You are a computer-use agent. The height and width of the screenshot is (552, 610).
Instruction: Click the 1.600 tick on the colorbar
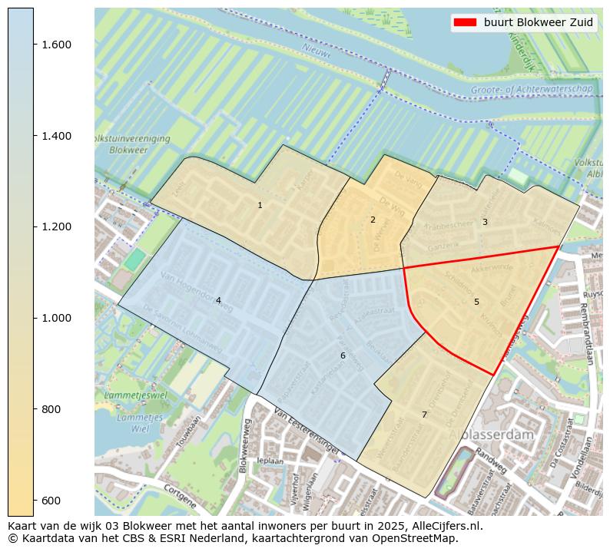coord(56,45)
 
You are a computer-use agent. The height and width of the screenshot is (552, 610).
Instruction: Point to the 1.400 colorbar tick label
coord(56,136)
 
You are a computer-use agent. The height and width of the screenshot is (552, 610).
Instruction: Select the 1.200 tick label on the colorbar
coord(56,226)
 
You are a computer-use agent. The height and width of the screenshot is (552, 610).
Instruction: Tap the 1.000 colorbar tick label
coord(56,318)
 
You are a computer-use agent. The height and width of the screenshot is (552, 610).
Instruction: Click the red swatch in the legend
coord(466,22)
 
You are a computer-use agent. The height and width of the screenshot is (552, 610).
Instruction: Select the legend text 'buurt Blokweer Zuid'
coord(538,22)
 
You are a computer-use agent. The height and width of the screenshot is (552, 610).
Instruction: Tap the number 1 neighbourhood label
coord(260,205)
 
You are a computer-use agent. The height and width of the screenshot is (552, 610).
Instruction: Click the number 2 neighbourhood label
coord(373,220)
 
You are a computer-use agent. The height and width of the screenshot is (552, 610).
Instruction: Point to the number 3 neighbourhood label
coord(485,222)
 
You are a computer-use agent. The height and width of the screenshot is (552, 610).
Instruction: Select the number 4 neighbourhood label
coord(218,300)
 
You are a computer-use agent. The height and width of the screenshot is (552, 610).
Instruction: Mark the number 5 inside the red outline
coord(476,302)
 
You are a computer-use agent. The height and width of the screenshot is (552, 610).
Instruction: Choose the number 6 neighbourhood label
coord(343,355)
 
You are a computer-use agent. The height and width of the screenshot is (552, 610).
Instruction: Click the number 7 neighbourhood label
coord(424,415)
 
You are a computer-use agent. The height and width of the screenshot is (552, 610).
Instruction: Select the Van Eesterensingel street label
coord(305,435)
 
